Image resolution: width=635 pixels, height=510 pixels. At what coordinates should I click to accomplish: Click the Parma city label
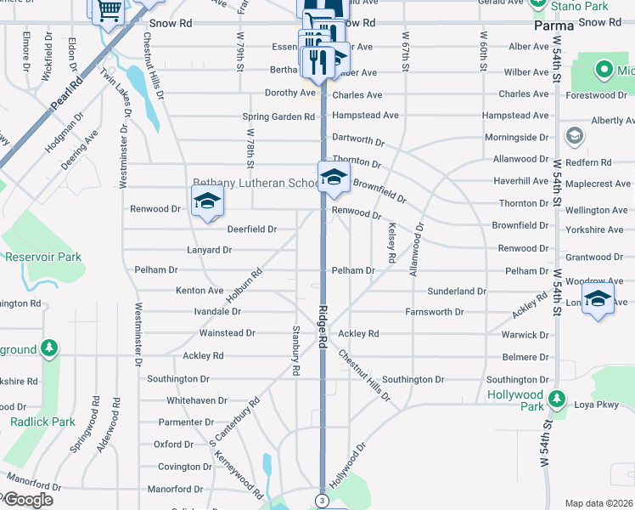(554, 25)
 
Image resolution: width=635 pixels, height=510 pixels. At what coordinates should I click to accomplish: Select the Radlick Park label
(42, 422)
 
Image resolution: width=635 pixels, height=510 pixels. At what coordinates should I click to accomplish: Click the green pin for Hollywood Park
(556, 399)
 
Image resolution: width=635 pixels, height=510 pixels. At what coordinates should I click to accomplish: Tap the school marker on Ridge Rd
(334, 178)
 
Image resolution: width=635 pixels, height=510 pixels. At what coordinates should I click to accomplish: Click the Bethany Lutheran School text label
(255, 183)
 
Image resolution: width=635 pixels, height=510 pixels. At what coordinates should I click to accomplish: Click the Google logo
(27, 500)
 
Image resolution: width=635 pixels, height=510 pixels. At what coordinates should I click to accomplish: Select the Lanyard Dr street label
(210, 250)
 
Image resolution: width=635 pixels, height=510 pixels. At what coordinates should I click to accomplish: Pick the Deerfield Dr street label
(251, 229)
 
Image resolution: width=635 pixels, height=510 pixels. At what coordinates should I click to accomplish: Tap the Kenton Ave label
(199, 291)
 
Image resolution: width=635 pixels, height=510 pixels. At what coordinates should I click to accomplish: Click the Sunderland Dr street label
(456, 291)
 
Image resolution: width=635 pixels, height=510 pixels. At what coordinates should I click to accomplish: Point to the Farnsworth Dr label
(435, 312)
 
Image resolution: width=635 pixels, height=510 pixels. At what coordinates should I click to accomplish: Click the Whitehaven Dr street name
(199, 399)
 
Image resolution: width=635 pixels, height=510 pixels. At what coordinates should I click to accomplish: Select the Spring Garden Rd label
(278, 116)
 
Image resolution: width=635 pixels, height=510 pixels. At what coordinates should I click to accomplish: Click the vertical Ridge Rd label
(323, 326)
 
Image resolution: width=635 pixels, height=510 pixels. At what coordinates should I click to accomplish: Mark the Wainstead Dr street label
(228, 333)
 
